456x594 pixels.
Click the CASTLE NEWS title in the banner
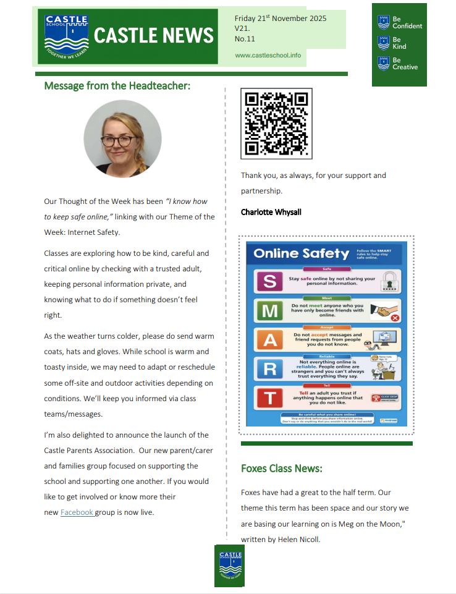pos(153,35)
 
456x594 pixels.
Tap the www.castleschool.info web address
pos(268,55)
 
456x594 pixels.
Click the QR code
pos(276,124)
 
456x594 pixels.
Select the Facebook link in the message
pos(77,512)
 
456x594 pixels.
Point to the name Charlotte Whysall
pos(272,212)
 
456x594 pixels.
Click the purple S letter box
pos(269,282)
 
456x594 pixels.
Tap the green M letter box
pos(269,311)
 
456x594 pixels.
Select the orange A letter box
pos(269,340)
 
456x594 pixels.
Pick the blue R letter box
pos(269,368)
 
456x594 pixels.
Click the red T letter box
pos(269,397)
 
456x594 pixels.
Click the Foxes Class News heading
pos(281,469)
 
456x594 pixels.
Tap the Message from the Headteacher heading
pos(117,86)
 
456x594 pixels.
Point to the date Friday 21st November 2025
pos(281,19)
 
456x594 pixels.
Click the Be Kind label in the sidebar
pos(400,43)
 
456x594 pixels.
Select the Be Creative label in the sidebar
pos(405,64)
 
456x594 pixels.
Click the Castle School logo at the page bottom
pos(229,565)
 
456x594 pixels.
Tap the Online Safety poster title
pos(301,253)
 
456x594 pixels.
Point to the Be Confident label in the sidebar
pos(407,23)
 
